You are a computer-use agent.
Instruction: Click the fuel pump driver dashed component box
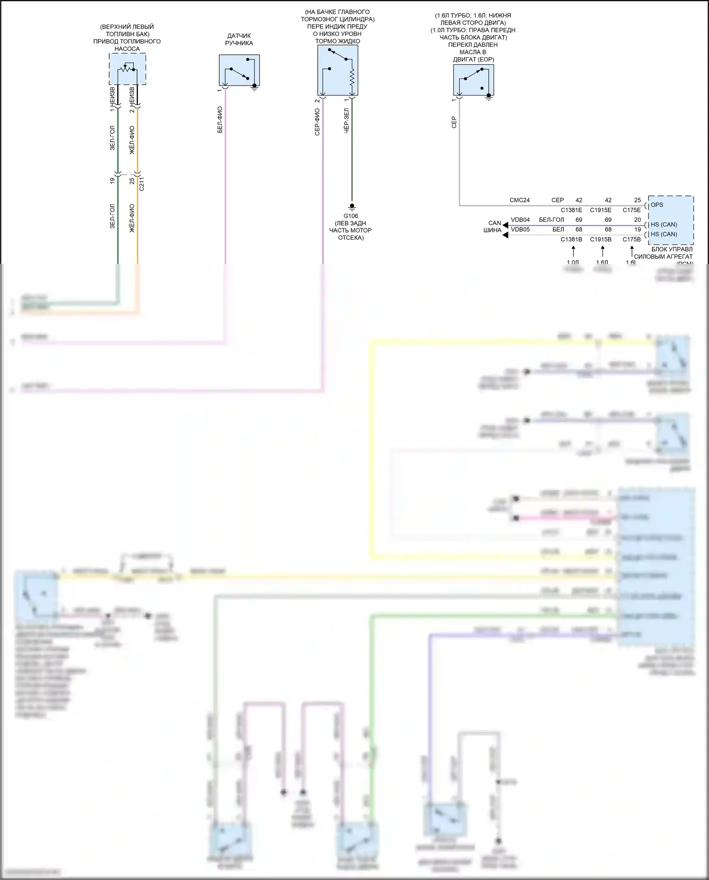click(127, 69)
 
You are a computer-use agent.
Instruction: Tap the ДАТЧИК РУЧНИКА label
click(239, 39)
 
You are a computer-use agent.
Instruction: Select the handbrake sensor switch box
click(239, 70)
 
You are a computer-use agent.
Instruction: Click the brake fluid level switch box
click(337, 70)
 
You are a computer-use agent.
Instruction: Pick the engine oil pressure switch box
click(473, 79)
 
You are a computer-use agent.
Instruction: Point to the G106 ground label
click(351, 216)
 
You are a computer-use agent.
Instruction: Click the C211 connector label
click(142, 183)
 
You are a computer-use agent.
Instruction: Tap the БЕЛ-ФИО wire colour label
click(220, 119)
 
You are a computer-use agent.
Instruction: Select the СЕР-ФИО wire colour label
click(317, 122)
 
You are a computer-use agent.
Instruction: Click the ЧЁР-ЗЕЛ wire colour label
click(346, 121)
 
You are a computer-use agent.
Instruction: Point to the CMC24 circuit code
click(519, 200)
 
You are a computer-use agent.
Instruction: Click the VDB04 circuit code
click(520, 220)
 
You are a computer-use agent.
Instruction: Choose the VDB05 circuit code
click(520, 229)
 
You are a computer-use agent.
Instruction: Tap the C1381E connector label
click(571, 210)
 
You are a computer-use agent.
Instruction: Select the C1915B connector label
click(601, 239)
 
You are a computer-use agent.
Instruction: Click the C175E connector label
click(631, 210)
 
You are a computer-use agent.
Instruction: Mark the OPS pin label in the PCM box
click(657, 205)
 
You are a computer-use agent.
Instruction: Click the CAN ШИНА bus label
click(493, 227)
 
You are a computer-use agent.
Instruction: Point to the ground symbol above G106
click(352, 206)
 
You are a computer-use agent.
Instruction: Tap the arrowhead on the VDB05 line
click(505, 235)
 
